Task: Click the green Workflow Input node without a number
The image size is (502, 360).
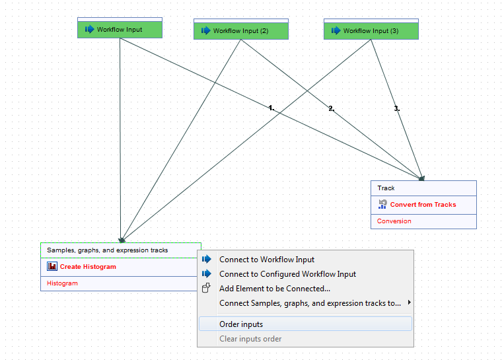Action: tap(120, 30)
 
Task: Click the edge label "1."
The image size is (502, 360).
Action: tap(271, 108)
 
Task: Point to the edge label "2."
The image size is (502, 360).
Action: tap(332, 108)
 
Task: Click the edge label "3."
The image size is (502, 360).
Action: tap(397, 108)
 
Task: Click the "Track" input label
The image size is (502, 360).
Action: tap(386, 188)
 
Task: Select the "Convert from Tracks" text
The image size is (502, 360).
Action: tap(423, 205)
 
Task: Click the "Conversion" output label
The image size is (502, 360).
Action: tap(394, 221)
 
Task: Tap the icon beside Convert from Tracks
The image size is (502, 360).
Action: tap(382, 205)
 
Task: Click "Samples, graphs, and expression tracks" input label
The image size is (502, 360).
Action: tap(108, 250)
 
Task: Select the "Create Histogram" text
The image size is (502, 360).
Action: tap(88, 267)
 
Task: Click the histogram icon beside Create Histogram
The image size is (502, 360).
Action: tap(52, 267)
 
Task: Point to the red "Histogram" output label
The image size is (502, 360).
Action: tap(63, 283)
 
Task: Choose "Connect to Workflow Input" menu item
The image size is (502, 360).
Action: tap(267, 260)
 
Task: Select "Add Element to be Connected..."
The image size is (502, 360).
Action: tap(275, 289)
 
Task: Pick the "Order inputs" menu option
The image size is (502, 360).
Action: tap(241, 324)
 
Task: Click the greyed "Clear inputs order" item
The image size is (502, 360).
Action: tap(250, 339)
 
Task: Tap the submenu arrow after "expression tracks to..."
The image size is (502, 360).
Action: tap(410, 303)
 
